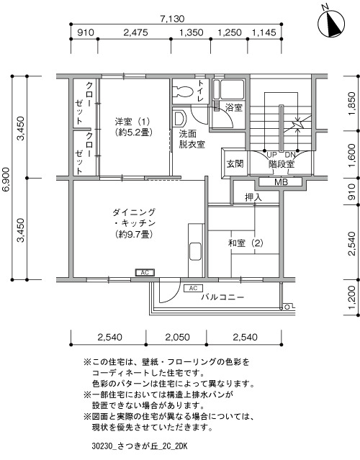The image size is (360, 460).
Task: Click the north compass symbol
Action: coord(331,23)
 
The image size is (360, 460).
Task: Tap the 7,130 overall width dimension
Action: coord(172,19)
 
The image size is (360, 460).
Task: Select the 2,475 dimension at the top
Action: coord(135,32)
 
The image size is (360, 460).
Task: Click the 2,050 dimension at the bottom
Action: coord(177,337)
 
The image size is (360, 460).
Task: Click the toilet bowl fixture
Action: coord(182,91)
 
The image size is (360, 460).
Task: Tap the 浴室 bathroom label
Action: coord(234,108)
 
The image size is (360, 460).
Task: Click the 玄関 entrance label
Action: coord(235,163)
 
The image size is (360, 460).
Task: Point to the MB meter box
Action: coord(281,182)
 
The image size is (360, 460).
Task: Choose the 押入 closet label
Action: coord(253,197)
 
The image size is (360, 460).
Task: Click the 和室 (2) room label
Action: coord(246,243)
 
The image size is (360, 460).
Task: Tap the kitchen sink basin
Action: coord(195,251)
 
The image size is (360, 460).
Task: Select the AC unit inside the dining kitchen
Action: coord(145,273)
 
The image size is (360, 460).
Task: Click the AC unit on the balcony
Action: coord(193,289)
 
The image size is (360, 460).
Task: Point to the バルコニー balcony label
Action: coord(222,297)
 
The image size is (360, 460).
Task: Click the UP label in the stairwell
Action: coord(271,155)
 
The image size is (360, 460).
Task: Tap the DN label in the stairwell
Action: coord(290,155)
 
